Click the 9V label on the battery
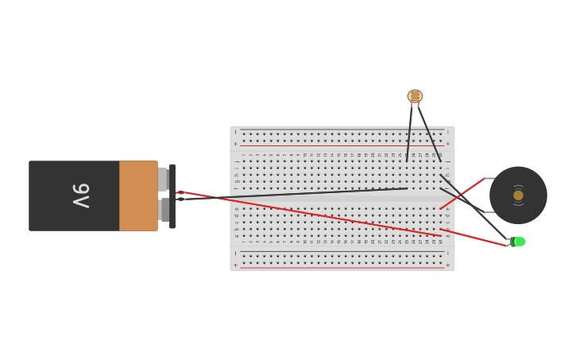[x=81, y=195]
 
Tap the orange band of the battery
[x=138, y=195]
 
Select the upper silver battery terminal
[x=162, y=179]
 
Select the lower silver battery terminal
[x=164, y=210]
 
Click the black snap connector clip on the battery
[x=172, y=195]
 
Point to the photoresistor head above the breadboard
[x=415, y=96]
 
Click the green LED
[x=518, y=242]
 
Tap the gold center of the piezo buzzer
[x=518, y=195]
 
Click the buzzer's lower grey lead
[x=489, y=212]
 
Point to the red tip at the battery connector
[x=181, y=192]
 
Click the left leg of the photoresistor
[x=409, y=131]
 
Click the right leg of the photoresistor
[x=429, y=133]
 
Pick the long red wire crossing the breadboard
[x=318, y=215]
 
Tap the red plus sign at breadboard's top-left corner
[x=235, y=144]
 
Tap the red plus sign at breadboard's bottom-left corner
[x=235, y=265]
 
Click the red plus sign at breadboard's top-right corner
[x=447, y=144]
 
